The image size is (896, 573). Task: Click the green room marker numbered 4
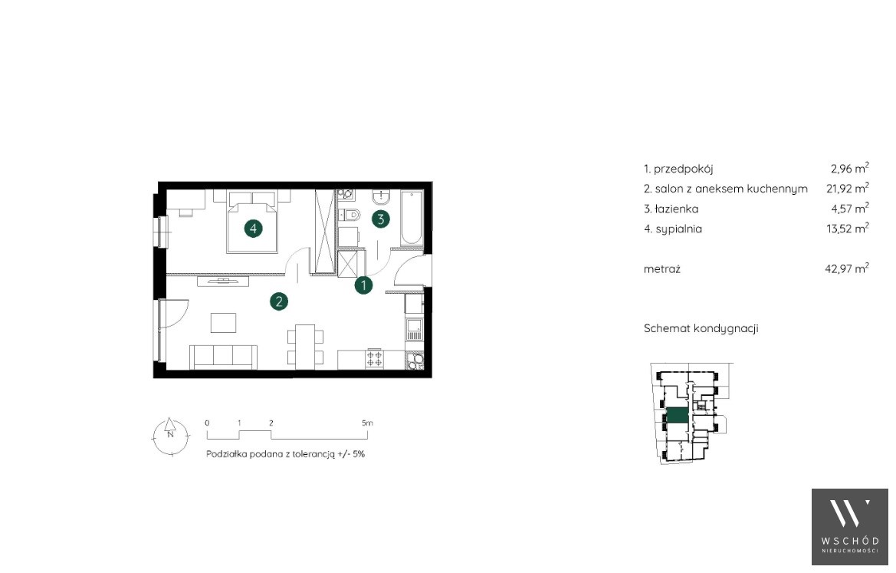point(254,229)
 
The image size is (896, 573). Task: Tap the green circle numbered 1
point(363,285)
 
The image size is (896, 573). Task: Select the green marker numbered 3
point(381,219)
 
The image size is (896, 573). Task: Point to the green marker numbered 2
point(279,301)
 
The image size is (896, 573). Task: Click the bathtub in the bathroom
point(412,218)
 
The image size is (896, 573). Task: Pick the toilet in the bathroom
point(350,215)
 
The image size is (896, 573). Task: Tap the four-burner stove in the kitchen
point(375,358)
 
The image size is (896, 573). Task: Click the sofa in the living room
point(224,357)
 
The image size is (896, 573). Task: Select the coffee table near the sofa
point(224,322)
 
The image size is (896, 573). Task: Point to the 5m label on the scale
point(367,423)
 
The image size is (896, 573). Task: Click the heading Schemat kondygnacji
point(701,328)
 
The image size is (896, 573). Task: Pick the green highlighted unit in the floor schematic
point(678,416)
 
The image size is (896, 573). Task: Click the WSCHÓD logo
point(850,527)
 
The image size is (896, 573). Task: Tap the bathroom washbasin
point(381,196)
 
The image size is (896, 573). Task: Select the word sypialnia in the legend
point(679,229)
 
